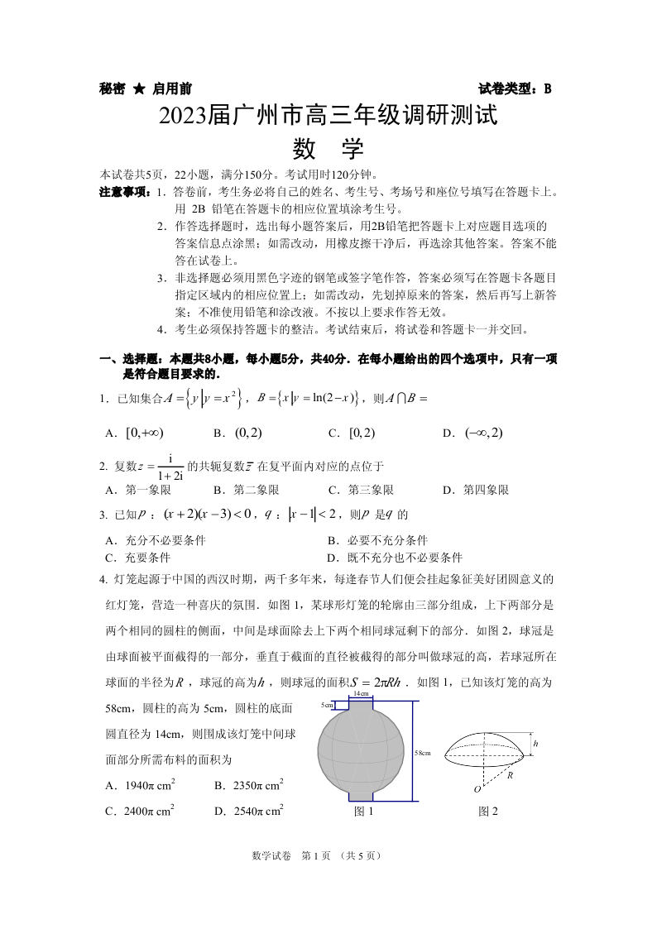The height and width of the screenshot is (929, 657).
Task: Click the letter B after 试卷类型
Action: pos(547,89)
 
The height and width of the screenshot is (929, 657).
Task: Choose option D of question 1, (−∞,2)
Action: pos(483,433)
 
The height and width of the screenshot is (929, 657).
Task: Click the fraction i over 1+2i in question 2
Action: pos(169,467)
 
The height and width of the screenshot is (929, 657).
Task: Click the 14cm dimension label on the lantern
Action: pos(361,693)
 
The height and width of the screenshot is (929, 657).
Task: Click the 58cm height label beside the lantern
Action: pos(423,753)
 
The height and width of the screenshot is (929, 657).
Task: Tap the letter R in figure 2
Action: pos(511,776)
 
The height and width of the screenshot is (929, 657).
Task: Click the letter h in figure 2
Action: pos(535,745)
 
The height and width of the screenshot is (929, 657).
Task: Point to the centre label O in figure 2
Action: pos(477,789)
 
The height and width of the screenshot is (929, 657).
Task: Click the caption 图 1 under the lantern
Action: pos(363,812)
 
